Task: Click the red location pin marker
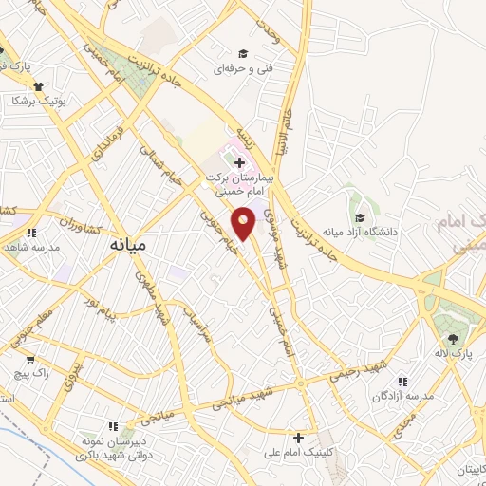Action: (245, 222)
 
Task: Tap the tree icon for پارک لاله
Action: (452, 339)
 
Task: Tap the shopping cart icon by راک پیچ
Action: (30, 360)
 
